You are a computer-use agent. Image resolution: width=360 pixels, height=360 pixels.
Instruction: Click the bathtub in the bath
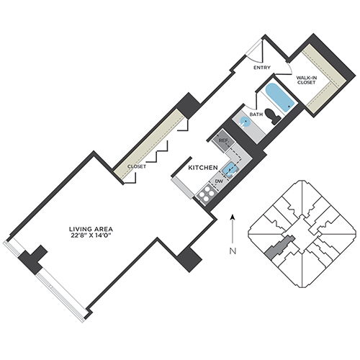280,97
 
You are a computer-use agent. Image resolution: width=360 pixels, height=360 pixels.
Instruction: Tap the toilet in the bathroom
273,117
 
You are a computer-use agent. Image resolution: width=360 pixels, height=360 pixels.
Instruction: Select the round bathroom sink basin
246,122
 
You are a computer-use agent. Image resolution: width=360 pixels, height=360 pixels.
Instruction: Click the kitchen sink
230,169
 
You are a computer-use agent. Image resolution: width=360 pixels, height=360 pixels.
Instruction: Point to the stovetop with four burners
206,194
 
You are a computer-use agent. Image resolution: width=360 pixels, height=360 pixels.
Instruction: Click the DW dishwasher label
219,181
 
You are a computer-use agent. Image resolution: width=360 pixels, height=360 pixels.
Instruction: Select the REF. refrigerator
223,140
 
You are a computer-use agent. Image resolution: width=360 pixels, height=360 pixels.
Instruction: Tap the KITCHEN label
203,168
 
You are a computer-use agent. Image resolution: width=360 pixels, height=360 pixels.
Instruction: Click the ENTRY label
262,68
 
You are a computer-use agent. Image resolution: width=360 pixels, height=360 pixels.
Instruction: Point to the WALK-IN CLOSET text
306,80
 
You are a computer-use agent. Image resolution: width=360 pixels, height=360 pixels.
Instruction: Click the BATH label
256,114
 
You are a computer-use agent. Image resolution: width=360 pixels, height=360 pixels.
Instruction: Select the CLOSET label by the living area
137,166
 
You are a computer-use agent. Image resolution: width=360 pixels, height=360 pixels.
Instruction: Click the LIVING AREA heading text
91,229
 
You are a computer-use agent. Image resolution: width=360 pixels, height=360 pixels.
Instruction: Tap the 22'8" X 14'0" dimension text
91,235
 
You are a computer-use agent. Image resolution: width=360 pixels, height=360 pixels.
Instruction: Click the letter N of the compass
233,251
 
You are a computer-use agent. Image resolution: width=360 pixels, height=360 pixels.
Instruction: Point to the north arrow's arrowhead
233,217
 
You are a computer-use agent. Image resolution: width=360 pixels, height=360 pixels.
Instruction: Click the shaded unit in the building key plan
280,246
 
